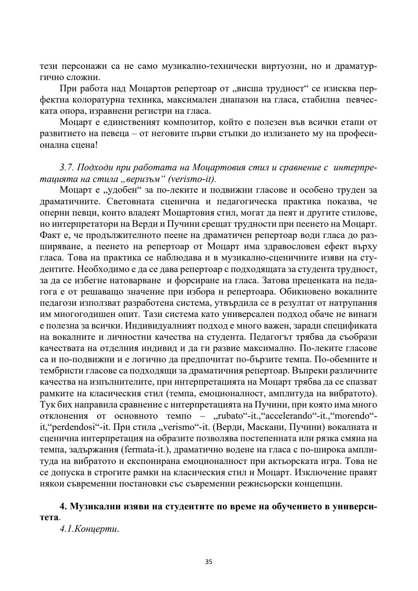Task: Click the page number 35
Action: click(x=209, y=562)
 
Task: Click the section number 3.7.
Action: click(x=67, y=168)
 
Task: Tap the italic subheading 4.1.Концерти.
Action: click(x=89, y=529)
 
